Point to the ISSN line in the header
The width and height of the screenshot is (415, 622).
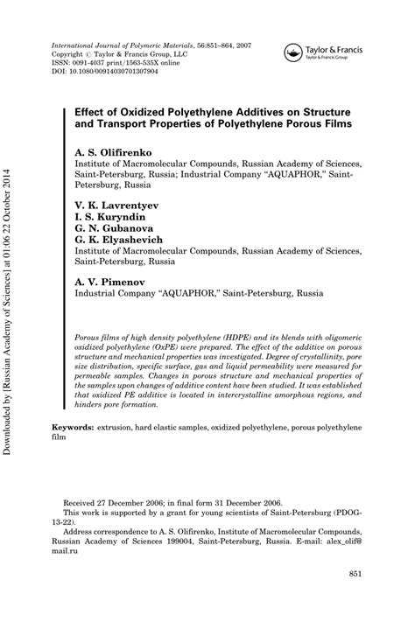pos(116,63)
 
